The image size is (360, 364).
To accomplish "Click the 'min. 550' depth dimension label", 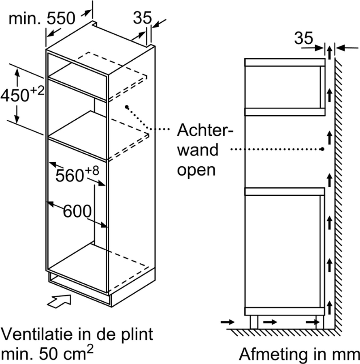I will tap(42, 18).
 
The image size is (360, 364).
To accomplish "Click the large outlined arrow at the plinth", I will tap(59, 301).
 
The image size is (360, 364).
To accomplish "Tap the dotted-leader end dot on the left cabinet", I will tap(127, 107).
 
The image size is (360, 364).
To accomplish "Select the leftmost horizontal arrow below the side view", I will tap(228, 322).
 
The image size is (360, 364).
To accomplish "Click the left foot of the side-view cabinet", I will tap(254, 322).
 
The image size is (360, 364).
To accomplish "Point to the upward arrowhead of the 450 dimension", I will tap(17, 73).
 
